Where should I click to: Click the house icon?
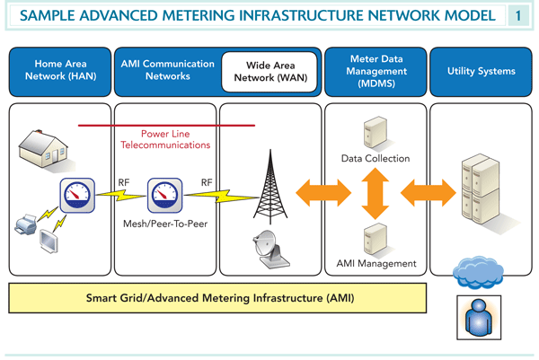pyautogui.click(x=46, y=146)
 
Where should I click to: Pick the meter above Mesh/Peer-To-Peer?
pyautogui.click(x=164, y=193)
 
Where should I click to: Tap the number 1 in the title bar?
pyautogui.click(x=519, y=16)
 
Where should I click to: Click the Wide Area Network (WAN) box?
pyautogui.click(x=270, y=72)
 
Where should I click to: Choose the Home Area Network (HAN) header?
pyautogui.click(x=59, y=71)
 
